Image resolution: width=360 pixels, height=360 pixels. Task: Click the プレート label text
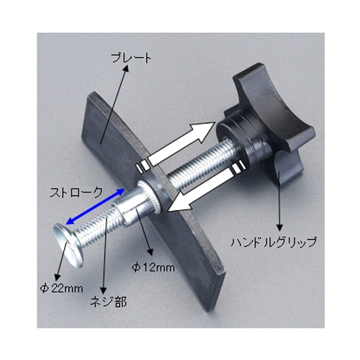(132, 58)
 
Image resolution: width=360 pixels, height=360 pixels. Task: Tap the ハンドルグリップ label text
(274, 242)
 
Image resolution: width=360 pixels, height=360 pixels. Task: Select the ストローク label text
(76, 192)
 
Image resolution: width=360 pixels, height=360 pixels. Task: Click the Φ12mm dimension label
(153, 267)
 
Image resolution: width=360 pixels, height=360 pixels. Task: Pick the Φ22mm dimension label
(61, 288)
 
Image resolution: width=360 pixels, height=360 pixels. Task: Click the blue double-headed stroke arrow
(95, 207)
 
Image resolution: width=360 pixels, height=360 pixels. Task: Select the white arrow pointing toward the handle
(175, 145)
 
